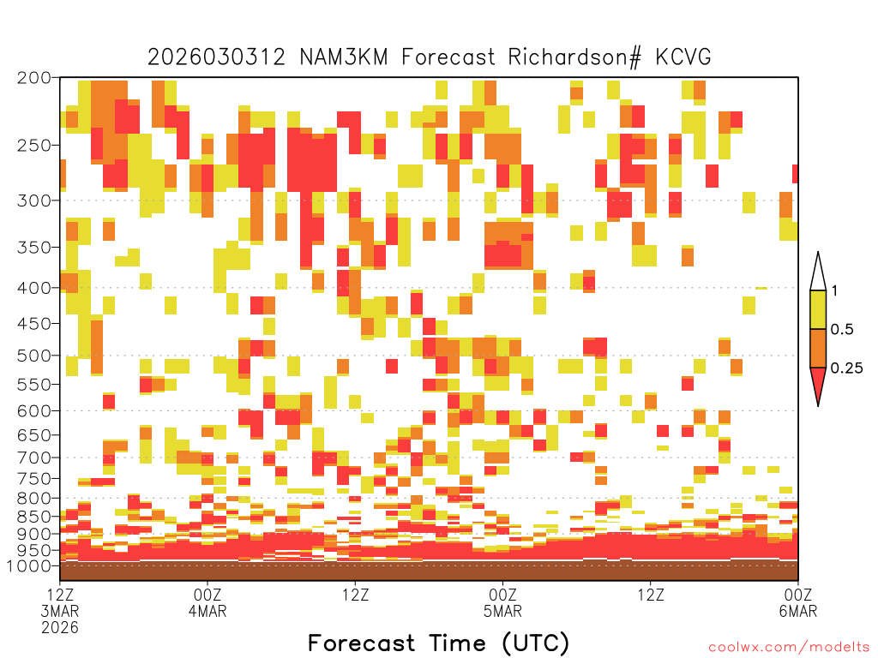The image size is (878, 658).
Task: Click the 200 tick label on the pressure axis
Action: coord(34,78)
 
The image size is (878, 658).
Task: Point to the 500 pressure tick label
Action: coord(34,356)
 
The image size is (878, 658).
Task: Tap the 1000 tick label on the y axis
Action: coord(29,566)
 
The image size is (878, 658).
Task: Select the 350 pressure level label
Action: coord(34,248)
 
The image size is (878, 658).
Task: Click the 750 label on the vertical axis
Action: coord(34,479)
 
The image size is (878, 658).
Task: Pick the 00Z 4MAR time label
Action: coord(207,602)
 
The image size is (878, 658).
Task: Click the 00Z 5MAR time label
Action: coord(502,602)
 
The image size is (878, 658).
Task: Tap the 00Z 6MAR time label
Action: coord(798,602)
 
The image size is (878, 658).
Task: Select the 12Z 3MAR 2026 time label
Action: coord(60,611)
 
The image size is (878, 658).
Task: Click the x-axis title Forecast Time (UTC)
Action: coord(438,643)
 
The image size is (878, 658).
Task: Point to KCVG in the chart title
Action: coord(683,57)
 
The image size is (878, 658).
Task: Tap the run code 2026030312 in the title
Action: coord(216,57)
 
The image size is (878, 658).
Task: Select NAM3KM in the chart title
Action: coord(344,57)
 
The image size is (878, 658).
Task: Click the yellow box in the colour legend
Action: coord(818,310)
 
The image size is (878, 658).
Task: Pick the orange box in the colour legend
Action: coord(818,349)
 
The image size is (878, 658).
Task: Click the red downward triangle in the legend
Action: coord(818,385)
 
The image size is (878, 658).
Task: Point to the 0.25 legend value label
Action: coord(846,368)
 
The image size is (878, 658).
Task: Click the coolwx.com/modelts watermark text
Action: coord(789,648)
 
